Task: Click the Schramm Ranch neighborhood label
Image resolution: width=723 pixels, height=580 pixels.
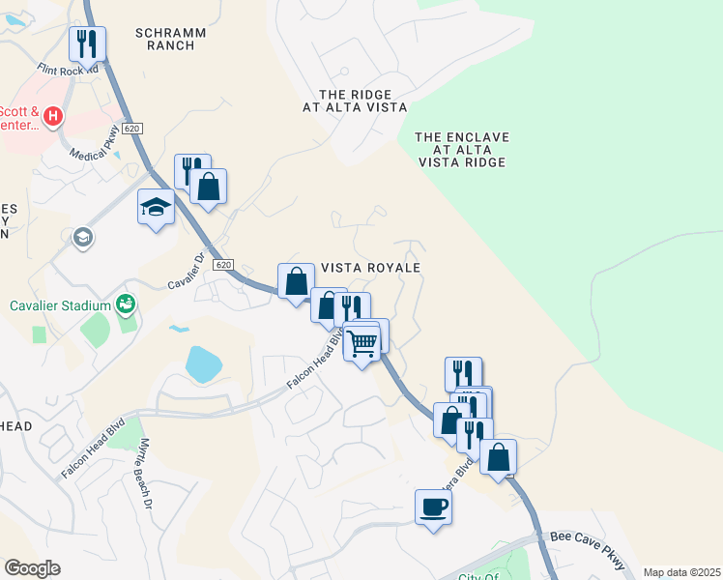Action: click(x=171, y=39)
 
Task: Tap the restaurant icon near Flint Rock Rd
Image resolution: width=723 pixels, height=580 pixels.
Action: click(x=87, y=43)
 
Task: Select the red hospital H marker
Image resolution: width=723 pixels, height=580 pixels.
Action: click(x=53, y=117)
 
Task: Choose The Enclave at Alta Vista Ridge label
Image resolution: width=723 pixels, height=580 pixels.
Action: click(x=461, y=150)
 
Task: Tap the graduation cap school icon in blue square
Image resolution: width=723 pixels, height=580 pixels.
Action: click(x=155, y=207)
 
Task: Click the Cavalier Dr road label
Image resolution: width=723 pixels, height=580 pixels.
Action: click(x=188, y=272)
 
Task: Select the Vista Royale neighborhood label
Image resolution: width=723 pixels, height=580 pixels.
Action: click(x=371, y=268)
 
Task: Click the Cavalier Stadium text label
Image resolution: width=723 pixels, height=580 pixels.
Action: click(x=61, y=306)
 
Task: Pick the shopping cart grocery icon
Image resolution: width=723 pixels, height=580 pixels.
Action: click(x=362, y=342)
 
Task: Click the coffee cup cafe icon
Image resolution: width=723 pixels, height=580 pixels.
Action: click(x=433, y=506)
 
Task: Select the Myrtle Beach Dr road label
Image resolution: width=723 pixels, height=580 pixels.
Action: click(x=145, y=474)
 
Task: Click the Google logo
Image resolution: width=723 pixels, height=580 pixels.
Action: click(x=32, y=568)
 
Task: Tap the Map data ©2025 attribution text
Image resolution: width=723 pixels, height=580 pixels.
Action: click(x=681, y=572)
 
